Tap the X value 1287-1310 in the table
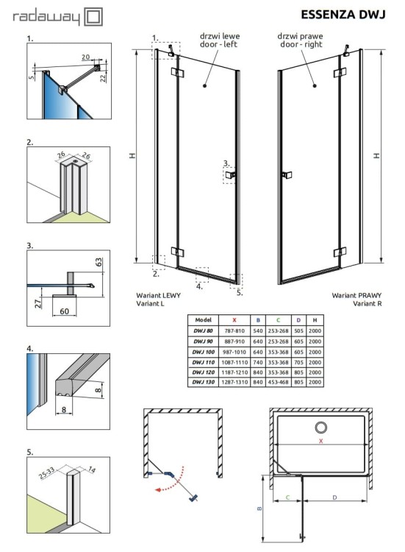point(234,382)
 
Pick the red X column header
point(234,320)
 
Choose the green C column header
point(278,320)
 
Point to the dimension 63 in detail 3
point(98,261)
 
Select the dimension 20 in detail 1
point(86,57)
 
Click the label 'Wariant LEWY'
point(157,295)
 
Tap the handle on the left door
point(231,175)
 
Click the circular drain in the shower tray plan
point(320,428)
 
